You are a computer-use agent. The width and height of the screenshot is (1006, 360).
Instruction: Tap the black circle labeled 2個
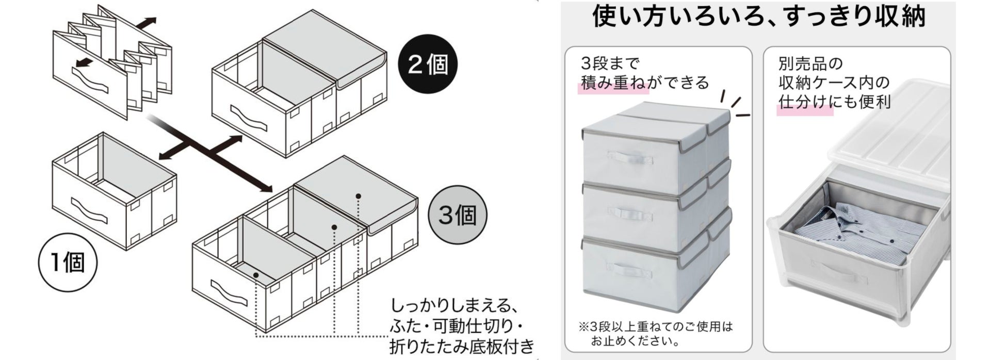(x=428, y=64)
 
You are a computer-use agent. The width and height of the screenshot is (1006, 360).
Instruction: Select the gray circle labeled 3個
(x=457, y=215)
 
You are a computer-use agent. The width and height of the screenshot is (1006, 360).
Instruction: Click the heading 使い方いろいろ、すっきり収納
(x=758, y=17)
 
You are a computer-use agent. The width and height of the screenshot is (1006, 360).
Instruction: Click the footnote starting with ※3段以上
(x=655, y=333)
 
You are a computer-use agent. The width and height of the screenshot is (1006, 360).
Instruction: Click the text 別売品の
(x=810, y=64)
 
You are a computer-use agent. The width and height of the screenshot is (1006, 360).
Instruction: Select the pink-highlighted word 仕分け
(x=805, y=102)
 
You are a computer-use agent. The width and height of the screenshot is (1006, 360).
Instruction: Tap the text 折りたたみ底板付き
(x=461, y=346)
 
